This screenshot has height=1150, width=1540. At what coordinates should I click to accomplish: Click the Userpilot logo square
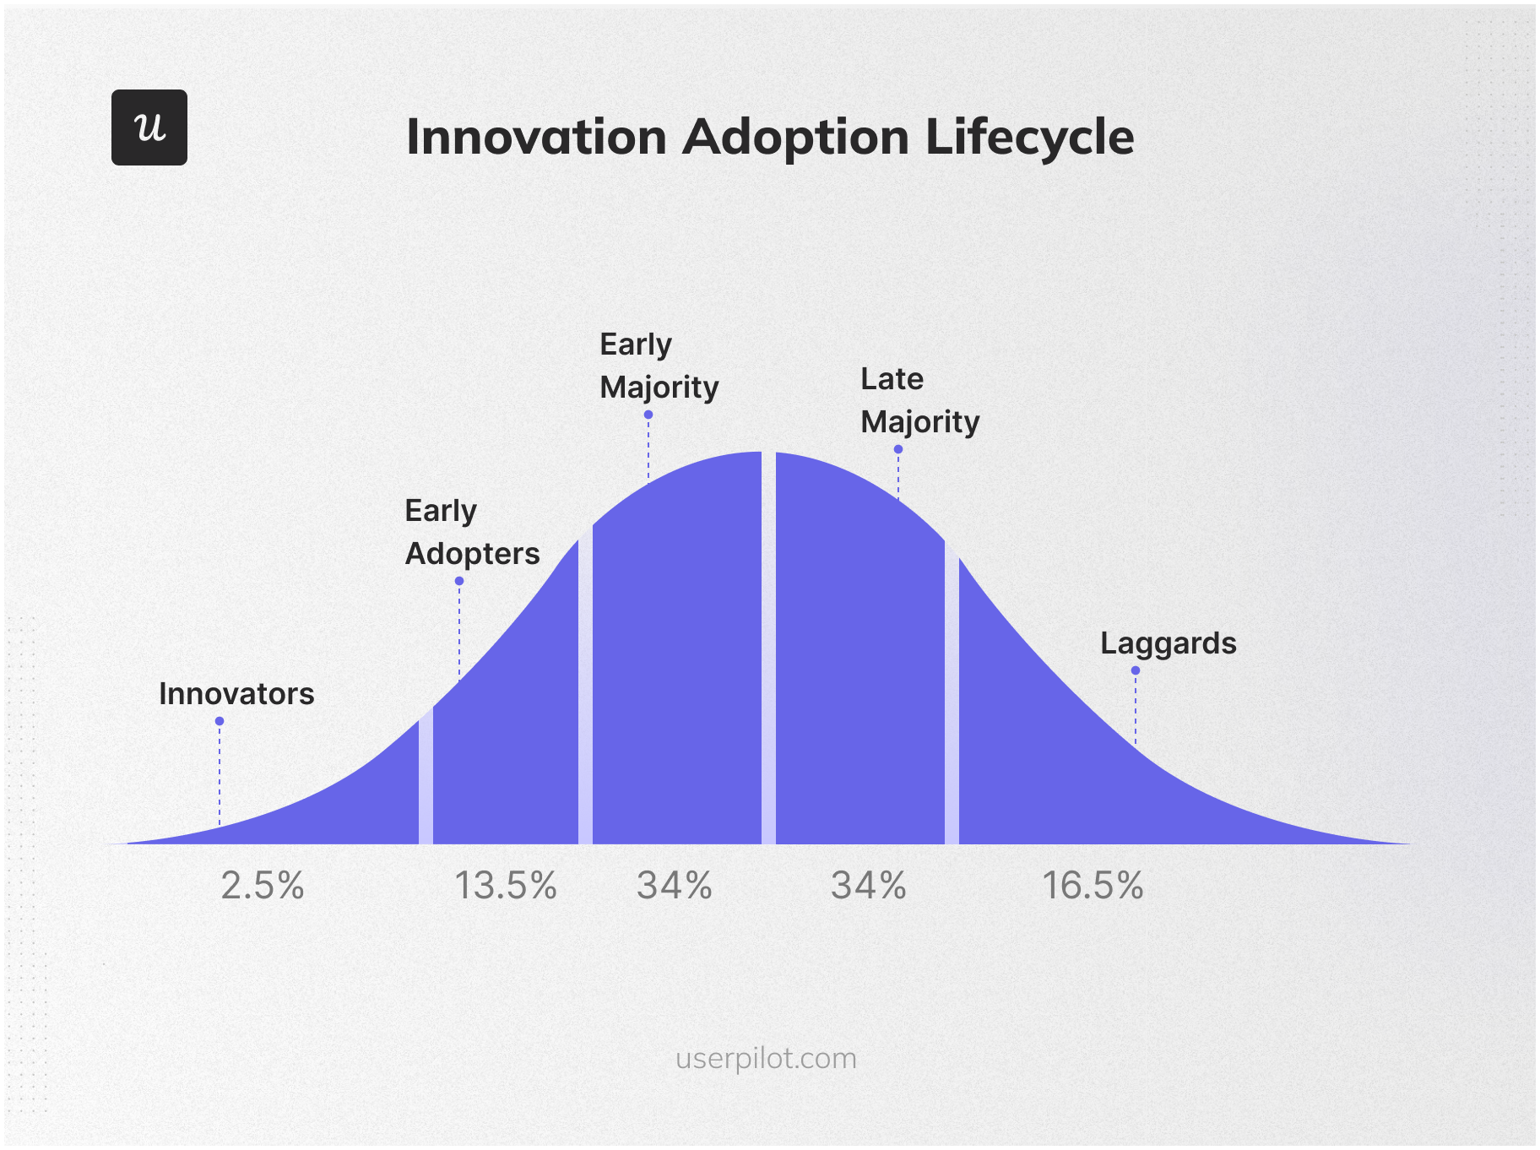[x=149, y=127]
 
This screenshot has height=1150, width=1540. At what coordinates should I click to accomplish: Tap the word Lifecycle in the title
[x=1029, y=137]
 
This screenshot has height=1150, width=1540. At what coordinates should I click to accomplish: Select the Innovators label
[x=236, y=694]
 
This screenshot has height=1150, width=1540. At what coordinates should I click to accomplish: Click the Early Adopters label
[x=472, y=532]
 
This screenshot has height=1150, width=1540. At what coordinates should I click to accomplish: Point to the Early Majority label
[x=659, y=366]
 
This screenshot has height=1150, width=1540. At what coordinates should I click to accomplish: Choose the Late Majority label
[x=919, y=400]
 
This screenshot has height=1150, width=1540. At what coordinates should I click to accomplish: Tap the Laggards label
[x=1168, y=643]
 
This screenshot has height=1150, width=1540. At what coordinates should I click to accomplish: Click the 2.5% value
[x=263, y=886]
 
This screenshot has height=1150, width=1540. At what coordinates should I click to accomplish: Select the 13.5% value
[x=506, y=886]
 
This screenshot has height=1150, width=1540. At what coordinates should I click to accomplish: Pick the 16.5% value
[x=1093, y=886]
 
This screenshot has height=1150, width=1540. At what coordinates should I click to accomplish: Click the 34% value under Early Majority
[x=675, y=886]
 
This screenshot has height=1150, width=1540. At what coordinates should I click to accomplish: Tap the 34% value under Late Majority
[x=869, y=886]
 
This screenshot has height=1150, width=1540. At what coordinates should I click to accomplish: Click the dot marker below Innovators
[x=220, y=721]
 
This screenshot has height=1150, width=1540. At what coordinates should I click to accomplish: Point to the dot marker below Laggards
[x=1136, y=670]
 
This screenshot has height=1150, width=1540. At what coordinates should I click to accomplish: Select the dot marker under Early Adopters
[x=459, y=581]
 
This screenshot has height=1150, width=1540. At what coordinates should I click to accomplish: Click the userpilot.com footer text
[x=766, y=1058]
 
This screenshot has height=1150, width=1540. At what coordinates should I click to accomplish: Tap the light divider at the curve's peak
[x=768, y=650]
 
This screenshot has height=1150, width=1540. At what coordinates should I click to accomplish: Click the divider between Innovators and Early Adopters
[x=426, y=777]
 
